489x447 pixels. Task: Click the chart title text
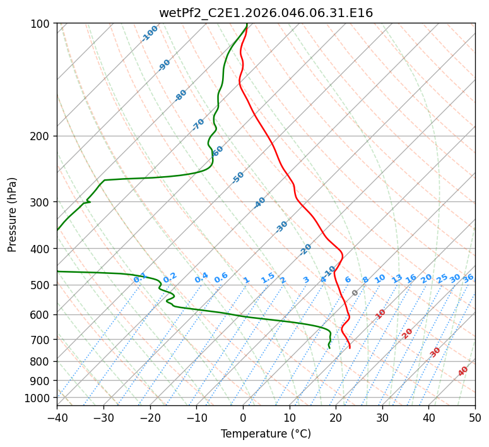pyautogui.click(x=266, y=13)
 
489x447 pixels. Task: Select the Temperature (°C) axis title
pyautogui.click(x=266, y=434)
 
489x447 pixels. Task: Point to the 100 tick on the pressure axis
pyautogui.click(x=42, y=24)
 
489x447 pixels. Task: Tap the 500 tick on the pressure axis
pyautogui.click(x=42, y=285)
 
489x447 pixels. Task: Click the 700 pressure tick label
pyautogui.click(x=42, y=340)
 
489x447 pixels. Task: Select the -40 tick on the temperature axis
pyautogui.click(x=57, y=417)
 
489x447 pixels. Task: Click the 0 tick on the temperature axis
pyautogui.click(x=243, y=417)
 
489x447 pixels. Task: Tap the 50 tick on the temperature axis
pyautogui.click(x=475, y=417)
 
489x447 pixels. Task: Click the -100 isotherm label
pyautogui.click(x=150, y=33)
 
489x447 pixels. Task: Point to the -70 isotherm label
pyautogui.click(x=198, y=124)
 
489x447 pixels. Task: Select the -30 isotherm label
pyautogui.click(x=281, y=227)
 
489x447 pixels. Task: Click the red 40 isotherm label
pyautogui.click(x=463, y=371)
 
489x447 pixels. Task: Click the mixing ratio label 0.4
pyautogui.click(x=201, y=278)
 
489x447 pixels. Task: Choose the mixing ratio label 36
pyautogui.click(x=468, y=278)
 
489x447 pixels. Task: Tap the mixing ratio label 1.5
pyautogui.click(x=268, y=278)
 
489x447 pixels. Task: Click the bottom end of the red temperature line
pyautogui.click(x=350, y=348)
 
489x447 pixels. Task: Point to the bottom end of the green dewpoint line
pyautogui.click(x=329, y=348)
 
